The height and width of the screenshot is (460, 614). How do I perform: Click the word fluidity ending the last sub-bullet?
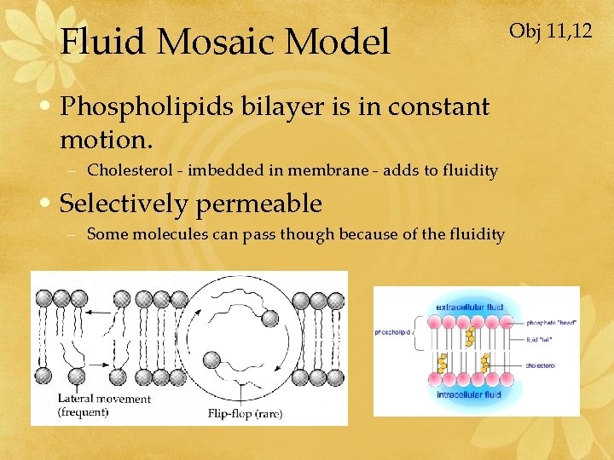click(474, 234)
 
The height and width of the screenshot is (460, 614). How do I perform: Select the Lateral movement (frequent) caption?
click(103, 405)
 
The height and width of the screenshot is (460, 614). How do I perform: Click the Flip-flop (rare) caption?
click(245, 414)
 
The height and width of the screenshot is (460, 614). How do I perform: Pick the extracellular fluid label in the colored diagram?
click(469, 307)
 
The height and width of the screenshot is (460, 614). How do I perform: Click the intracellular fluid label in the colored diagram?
click(469, 394)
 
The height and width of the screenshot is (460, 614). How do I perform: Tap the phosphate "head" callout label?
click(552, 323)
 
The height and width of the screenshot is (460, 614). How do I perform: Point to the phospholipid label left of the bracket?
click(393, 333)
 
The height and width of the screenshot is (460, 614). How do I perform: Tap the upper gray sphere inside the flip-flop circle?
click(270, 318)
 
